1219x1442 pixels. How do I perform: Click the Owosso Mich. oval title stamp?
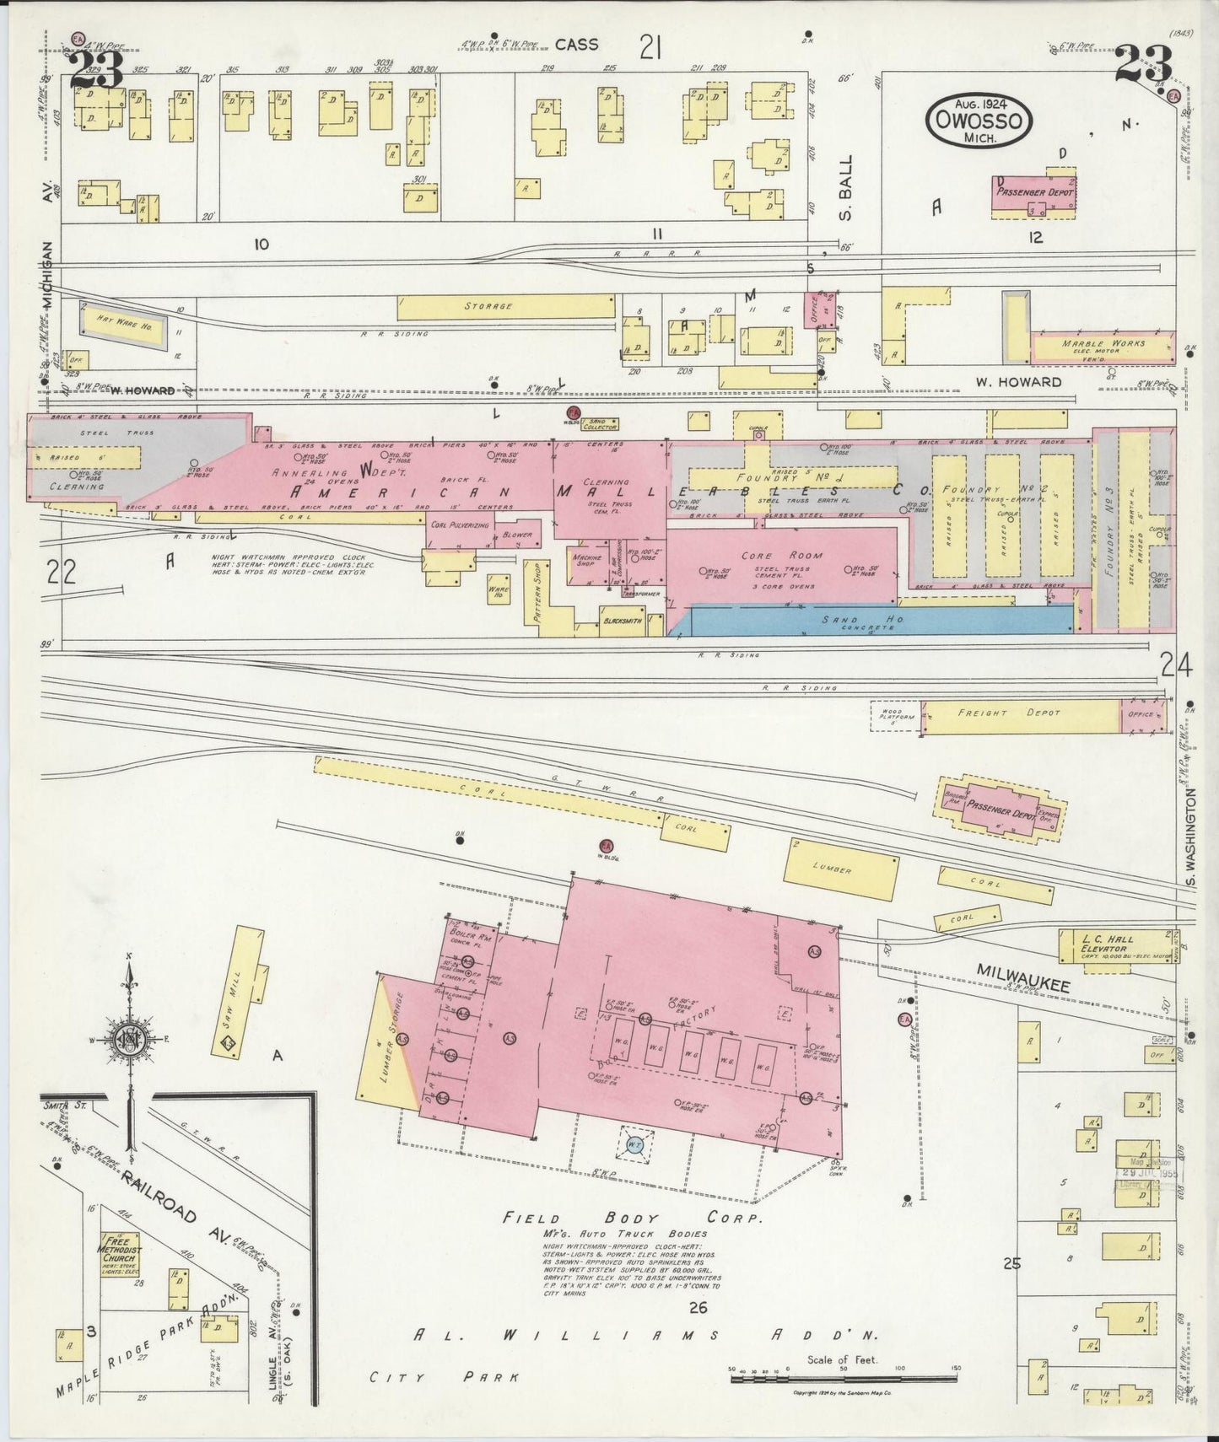(x=979, y=121)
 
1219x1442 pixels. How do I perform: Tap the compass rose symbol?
(x=128, y=1036)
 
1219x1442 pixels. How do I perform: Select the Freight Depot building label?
(x=995, y=713)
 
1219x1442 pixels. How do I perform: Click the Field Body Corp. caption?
(x=633, y=1219)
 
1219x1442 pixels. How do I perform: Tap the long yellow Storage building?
(x=504, y=306)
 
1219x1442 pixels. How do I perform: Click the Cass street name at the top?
(x=576, y=45)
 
